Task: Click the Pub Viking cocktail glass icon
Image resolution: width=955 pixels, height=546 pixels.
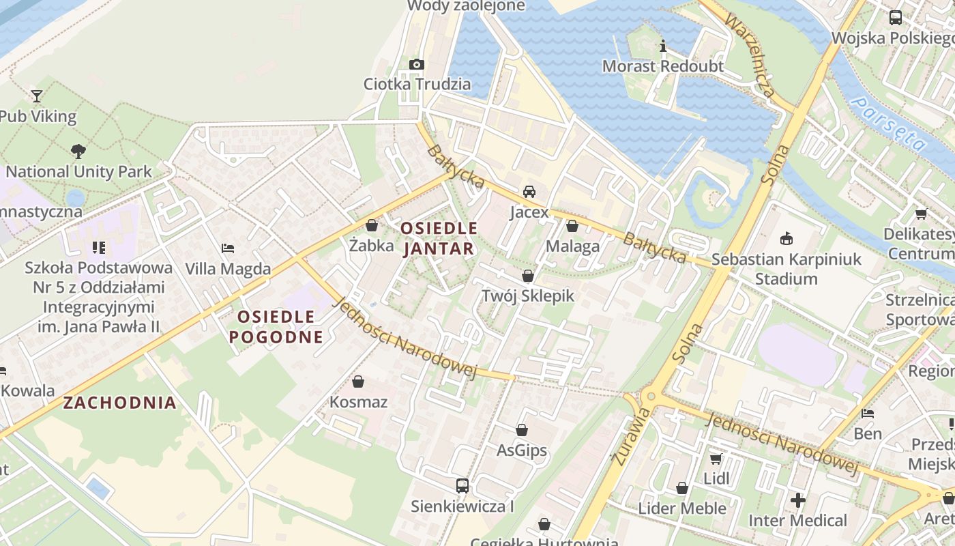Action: (x=37, y=96)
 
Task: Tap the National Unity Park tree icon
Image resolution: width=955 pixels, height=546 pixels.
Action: (x=78, y=151)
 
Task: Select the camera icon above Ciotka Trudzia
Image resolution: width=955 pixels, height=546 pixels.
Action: (x=416, y=64)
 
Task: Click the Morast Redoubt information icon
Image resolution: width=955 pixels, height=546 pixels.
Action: (x=662, y=46)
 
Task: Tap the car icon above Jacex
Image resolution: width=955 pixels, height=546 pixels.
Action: (x=529, y=192)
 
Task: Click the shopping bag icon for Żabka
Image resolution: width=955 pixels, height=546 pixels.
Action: (x=372, y=225)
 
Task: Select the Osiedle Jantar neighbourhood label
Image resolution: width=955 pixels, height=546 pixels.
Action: (x=439, y=238)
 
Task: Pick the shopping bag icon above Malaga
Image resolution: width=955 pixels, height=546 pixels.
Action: (x=572, y=226)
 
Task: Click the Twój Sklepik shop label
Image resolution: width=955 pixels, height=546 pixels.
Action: (x=528, y=296)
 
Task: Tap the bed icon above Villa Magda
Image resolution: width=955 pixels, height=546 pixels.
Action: (x=228, y=248)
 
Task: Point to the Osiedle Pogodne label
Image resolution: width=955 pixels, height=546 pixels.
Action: (x=276, y=326)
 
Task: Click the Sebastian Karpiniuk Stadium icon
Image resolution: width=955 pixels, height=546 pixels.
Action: (x=787, y=238)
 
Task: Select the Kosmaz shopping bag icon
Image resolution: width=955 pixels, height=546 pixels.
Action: (x=358, y=382)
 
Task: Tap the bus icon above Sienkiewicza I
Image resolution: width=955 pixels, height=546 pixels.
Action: (x=462, y=486)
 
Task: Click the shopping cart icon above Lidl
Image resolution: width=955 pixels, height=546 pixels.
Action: (x=716, y=459)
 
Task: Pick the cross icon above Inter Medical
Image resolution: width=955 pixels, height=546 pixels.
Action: (x=797, y=500)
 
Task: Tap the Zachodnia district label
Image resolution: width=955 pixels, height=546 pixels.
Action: (x=120, y=403)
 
